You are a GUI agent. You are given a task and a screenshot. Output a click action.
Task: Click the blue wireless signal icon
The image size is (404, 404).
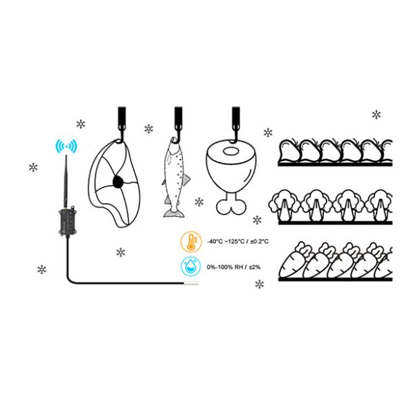(x=67, y=146)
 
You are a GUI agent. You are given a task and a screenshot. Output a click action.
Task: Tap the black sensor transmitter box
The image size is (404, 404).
(x=67, y=221)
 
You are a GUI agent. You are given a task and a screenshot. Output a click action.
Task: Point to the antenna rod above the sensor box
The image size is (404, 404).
(x=66, y=181)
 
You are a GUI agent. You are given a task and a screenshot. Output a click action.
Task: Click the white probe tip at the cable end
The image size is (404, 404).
(x=191, y=284)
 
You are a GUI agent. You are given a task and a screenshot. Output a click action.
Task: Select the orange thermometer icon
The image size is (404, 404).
(x=191, y=242)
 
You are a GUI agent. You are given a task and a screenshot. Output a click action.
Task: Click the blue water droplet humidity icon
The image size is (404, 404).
(x=191, y=266)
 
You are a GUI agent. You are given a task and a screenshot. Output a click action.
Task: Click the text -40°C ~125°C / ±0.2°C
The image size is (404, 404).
(x=238, y=242)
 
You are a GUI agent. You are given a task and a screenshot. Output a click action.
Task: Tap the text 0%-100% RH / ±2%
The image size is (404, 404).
(x=233, y=267)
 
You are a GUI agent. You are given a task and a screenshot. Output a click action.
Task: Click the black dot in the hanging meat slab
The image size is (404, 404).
(x=118, y=182)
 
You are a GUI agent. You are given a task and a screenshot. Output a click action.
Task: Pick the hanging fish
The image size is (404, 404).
(x=175, y=177)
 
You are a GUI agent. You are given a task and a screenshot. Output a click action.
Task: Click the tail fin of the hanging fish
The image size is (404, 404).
(x=174, y=213)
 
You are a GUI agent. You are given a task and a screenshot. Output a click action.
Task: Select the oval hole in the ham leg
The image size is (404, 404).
(x=231, y=151)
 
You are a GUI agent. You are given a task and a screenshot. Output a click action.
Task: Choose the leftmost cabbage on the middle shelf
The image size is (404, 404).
(x=285, y=205)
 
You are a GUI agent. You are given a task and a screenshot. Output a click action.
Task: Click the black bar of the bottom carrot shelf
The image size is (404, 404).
(x=335, y=279)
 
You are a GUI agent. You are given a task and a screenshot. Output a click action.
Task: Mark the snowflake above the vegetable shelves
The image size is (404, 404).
(x=376, y=115)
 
